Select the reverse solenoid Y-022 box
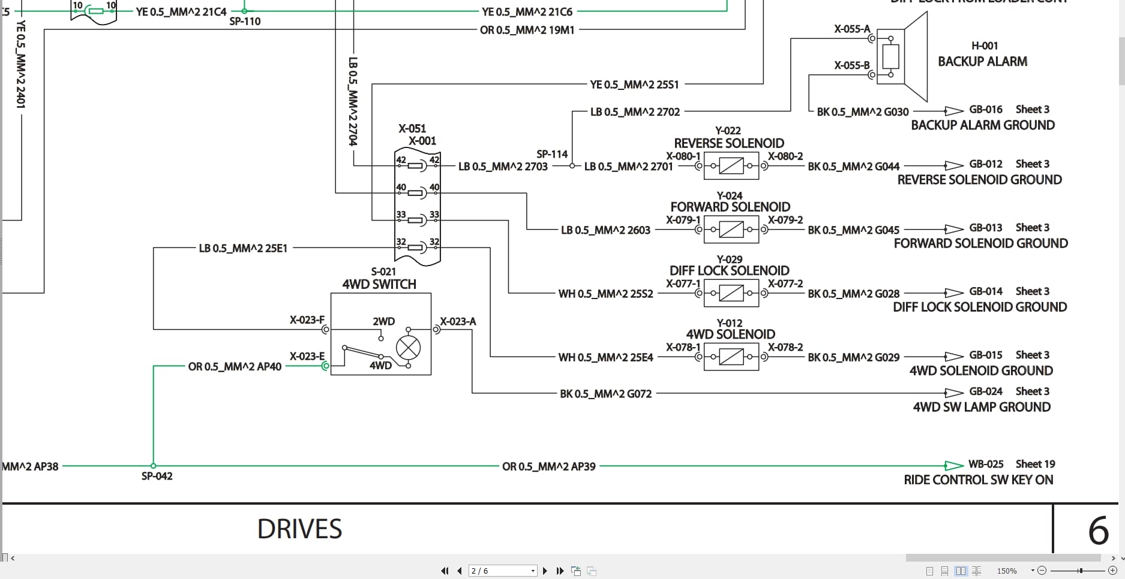click(731, 166)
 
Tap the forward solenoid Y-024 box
click(731, 230)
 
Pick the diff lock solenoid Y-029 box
click(731, 293)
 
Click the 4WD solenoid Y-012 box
click(731, 357)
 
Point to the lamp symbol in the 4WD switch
click(408, 348)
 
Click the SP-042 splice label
click(157, 477)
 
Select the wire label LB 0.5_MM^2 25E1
click(243, 248)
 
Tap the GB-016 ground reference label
click(985, 110)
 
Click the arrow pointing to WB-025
click(953, 465)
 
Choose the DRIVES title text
click(299, 529)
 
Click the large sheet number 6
click(1098, 530)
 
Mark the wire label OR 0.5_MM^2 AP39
click(548, 466)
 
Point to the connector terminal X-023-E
click(325, 365)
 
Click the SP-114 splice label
click(552, 154)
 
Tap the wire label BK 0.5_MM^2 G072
click(605, 394)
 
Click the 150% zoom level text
click(1007, 571)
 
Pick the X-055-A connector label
click(851, 29)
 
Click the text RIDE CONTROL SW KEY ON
click(978, 480)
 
